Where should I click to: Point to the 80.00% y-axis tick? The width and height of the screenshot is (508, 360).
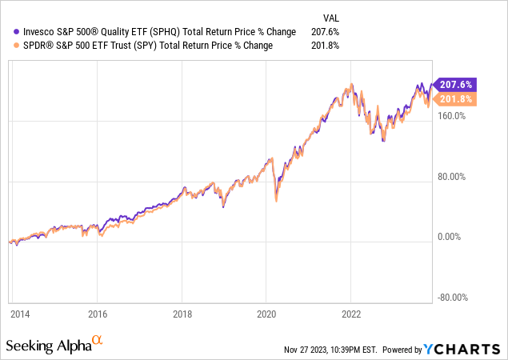click(454, 176)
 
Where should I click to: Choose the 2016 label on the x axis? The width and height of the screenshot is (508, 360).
click(97, 314)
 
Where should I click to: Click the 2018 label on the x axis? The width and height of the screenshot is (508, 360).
click(182, 314)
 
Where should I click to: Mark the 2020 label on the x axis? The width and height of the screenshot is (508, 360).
click(266, 314)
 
